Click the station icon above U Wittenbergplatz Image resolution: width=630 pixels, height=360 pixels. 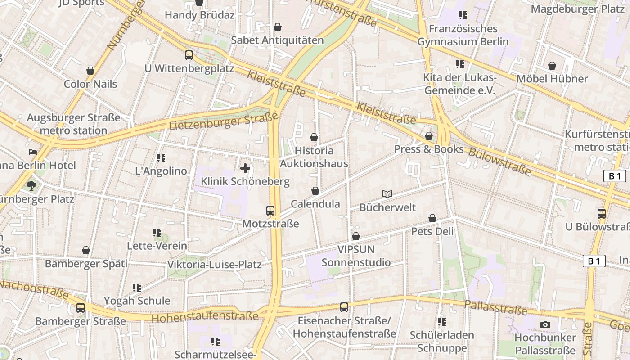point(189,55)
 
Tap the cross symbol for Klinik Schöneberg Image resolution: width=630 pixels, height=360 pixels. point(245,169)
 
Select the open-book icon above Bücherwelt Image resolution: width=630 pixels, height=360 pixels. point(387,194)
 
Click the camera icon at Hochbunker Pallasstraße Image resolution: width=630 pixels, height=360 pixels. point(545,324)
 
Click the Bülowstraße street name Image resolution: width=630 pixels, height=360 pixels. point(499,161)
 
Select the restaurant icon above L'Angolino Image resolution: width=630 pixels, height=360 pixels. point(161,158)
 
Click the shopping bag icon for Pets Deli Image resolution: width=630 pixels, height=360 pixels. point(432,218)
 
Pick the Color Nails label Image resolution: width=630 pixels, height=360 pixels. point(90,84)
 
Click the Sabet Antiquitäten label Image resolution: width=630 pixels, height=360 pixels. point(277,40)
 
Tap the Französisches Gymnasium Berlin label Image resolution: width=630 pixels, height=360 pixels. point(463,36)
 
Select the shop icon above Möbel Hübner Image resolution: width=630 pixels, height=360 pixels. point(552,66)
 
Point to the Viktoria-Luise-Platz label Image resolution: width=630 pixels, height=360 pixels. point(214,265)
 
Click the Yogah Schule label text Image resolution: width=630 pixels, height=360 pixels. point(137,301)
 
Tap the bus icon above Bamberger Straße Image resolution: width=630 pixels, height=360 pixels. point(81,308)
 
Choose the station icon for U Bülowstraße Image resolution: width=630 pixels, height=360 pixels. point(602,214)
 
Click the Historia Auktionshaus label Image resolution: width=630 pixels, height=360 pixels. point(314,157)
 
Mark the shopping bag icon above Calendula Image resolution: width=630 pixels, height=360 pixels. point(315,191)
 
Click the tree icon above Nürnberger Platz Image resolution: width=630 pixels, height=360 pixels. point(31,185)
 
